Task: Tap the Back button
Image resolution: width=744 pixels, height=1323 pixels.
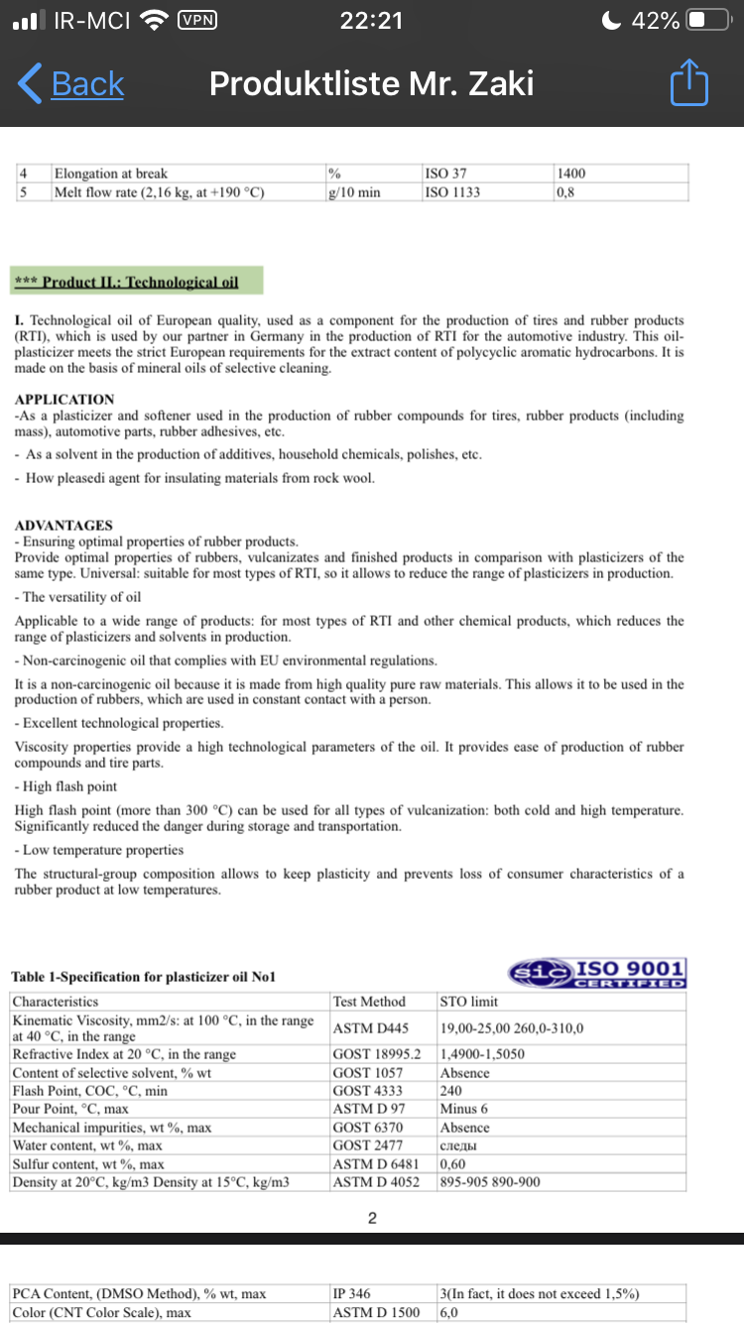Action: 71,84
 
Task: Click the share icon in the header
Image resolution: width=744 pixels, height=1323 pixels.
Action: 689,84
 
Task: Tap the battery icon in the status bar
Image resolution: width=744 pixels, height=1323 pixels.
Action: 708,20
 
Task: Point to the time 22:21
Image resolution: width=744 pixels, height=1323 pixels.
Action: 371,20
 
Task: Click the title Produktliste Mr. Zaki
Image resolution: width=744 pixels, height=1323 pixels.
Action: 371,84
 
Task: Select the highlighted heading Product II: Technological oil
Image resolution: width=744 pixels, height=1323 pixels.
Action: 137,282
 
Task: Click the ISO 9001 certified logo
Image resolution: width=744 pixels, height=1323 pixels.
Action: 597,972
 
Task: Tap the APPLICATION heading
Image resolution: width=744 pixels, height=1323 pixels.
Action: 64,400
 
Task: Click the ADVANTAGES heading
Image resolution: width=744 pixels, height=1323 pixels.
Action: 63,526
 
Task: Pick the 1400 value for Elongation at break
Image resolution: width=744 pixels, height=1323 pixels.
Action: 572,174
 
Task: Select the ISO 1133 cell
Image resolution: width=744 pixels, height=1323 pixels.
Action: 452,191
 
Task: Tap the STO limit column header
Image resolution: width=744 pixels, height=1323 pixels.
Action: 469,1002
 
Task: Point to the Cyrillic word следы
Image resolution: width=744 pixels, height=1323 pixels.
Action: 459,1145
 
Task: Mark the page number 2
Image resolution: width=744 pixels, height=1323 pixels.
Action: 371,1219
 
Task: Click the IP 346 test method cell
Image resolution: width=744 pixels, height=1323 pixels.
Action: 352,1293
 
